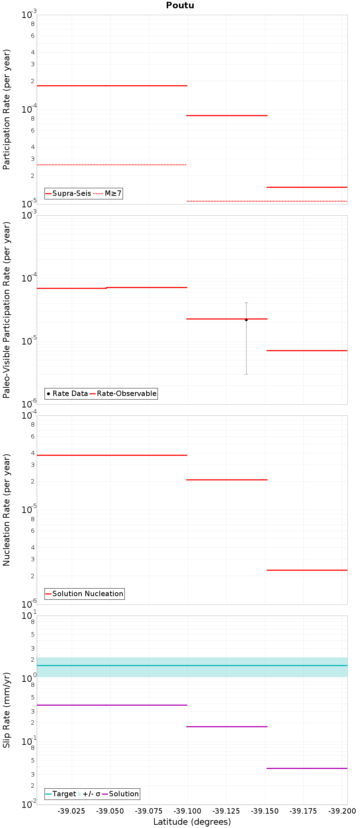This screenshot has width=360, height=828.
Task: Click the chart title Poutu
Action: click(180, 5)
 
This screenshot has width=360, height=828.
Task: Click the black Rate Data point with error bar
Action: click(246, 320)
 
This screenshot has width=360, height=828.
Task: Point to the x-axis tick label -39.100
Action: click(187, 811)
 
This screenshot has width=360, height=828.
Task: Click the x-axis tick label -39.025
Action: click(72, 811)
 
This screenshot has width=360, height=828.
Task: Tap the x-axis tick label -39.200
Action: click(342, 811)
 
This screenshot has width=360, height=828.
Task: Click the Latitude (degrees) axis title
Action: click(192, 822)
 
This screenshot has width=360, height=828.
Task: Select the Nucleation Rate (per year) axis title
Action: click(6, 510)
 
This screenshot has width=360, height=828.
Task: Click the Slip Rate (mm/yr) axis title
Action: click(6, 710)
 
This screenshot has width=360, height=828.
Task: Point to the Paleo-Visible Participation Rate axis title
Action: click(6, 310)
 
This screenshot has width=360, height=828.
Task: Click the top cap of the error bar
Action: click(246, 303)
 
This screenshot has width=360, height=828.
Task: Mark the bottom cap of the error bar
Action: click(246, 374)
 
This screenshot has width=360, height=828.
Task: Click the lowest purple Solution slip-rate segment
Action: click(307, 768)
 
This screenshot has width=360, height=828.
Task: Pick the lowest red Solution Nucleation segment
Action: click(307, 570)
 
